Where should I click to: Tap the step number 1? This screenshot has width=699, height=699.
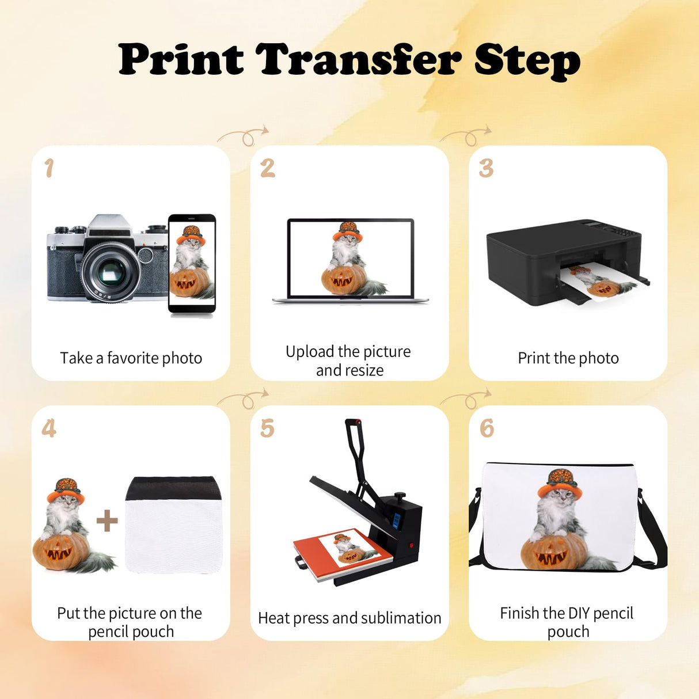click(x=50, y=168)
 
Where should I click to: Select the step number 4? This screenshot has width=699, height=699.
click(x=49, y=428)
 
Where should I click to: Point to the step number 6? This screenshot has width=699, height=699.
click(x=487, y=428)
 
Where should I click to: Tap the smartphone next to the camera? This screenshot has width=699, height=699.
click(x=192, y=264)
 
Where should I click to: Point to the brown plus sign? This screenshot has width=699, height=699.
click(x=107, y=521)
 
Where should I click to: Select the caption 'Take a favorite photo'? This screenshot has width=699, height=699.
click(x=131, y=358)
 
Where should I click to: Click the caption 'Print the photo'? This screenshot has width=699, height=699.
click(x=568, y=358)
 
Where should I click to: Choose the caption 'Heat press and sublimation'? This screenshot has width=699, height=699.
click(x=349, y=618)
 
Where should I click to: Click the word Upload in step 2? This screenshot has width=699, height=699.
click(x=310, y=351)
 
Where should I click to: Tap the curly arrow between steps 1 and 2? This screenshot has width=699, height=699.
click(x=244, y=136)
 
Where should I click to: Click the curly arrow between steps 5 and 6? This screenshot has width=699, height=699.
click(x=466, y=398)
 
